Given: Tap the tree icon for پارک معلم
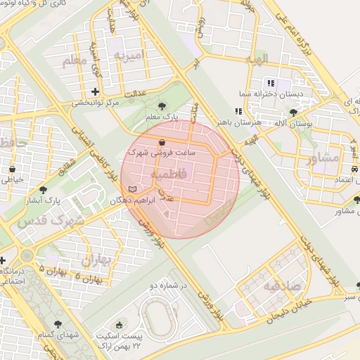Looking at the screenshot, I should point(162,105).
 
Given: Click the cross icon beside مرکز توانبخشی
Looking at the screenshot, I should point(96,91).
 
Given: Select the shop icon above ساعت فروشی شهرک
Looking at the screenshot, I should point(162,142).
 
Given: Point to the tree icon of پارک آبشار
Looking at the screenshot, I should point(44,190).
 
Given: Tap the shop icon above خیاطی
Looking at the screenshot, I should point(13,169).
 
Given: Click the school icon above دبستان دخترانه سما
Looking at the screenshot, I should point(270,83).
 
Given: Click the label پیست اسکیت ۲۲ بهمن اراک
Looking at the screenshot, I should point(118,342).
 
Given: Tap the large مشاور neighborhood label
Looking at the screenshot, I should point(323,158).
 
